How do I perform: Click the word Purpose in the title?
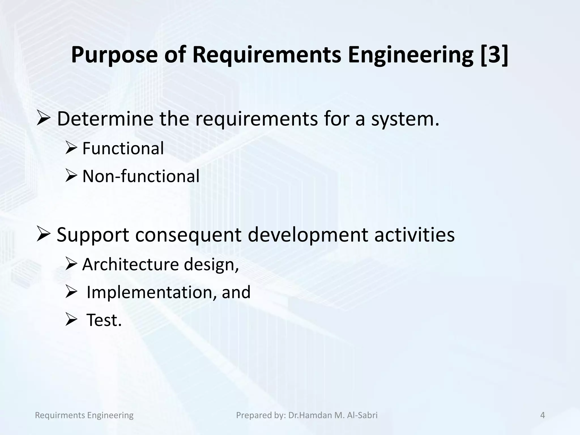pos(114,55)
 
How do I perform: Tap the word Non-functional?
pos(141,176)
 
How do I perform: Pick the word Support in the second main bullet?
pos(93,235)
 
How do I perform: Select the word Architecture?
pos(131,264)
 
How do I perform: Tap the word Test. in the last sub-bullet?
pos(104,320)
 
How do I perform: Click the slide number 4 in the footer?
pos(542,415)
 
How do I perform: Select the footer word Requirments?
pos(60,415)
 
